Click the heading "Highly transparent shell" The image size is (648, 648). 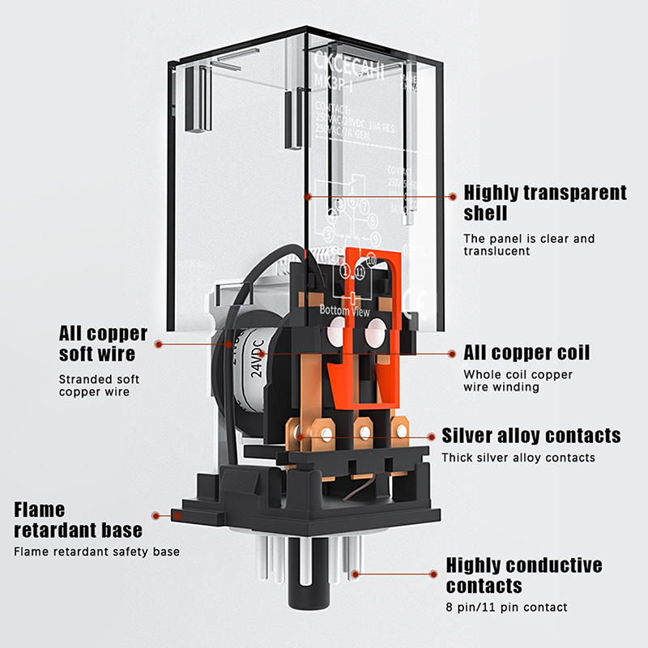[544, 202]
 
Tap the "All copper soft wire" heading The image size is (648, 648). [104, 343]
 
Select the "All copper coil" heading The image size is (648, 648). [526, 353]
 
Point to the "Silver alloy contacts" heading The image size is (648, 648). [531, 436]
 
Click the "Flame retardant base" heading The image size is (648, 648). [79, 520]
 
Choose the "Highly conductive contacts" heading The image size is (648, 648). [524, 574]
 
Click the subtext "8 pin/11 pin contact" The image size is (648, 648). [506, 607]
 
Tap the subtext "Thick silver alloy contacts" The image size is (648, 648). [518, 458]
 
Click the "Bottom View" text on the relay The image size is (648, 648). [345, 310]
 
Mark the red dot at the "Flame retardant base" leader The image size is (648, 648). [155, 514]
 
